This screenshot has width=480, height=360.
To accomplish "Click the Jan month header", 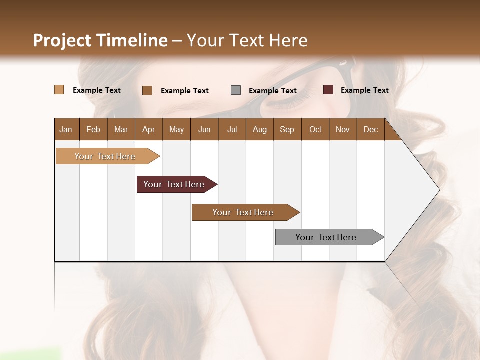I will coord(66,129).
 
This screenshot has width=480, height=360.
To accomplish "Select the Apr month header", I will coord(148,129).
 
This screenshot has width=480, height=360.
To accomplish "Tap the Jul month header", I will coord(232,129).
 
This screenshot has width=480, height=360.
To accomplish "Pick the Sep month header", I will coord(287,129).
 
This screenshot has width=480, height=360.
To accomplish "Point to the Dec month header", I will coord(370,129).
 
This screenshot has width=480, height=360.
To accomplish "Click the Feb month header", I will coord(93,129).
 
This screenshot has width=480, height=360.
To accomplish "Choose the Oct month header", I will coord(315,129).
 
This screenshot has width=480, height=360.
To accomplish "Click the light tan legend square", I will coord(59,90).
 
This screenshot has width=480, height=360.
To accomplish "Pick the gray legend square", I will coord(236,90).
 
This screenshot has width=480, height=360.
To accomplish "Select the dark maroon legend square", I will coord(328,90).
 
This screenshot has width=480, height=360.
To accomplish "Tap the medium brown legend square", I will coord(147,90).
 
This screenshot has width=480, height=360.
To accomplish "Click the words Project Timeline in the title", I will coord(100,40).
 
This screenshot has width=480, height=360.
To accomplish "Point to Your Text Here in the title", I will coord(247,40).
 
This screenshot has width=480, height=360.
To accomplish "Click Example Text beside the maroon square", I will coord(364,90).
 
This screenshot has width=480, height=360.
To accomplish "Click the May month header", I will coord(176,129).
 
